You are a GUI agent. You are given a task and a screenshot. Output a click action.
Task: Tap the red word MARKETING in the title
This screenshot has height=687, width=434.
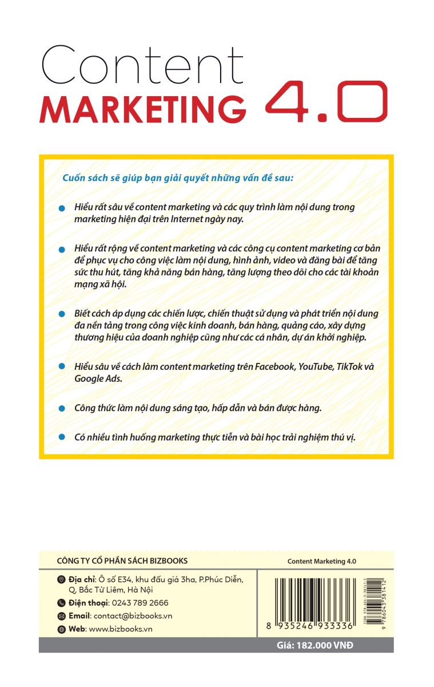[143, 109]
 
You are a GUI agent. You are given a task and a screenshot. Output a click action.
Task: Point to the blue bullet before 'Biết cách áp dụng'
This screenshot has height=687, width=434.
[62, 315]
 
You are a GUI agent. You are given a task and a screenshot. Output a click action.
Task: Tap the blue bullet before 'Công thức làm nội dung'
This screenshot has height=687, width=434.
[62, 409]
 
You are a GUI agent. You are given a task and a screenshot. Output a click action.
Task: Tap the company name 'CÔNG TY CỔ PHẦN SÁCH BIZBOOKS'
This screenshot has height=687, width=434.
[123, 560]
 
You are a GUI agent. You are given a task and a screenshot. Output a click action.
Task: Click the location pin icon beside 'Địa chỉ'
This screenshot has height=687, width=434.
[62, 580]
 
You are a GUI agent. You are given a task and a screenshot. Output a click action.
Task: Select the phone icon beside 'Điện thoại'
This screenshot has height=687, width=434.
[62, 603]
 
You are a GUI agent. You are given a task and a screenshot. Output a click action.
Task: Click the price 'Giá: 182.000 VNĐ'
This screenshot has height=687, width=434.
[315, 645]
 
